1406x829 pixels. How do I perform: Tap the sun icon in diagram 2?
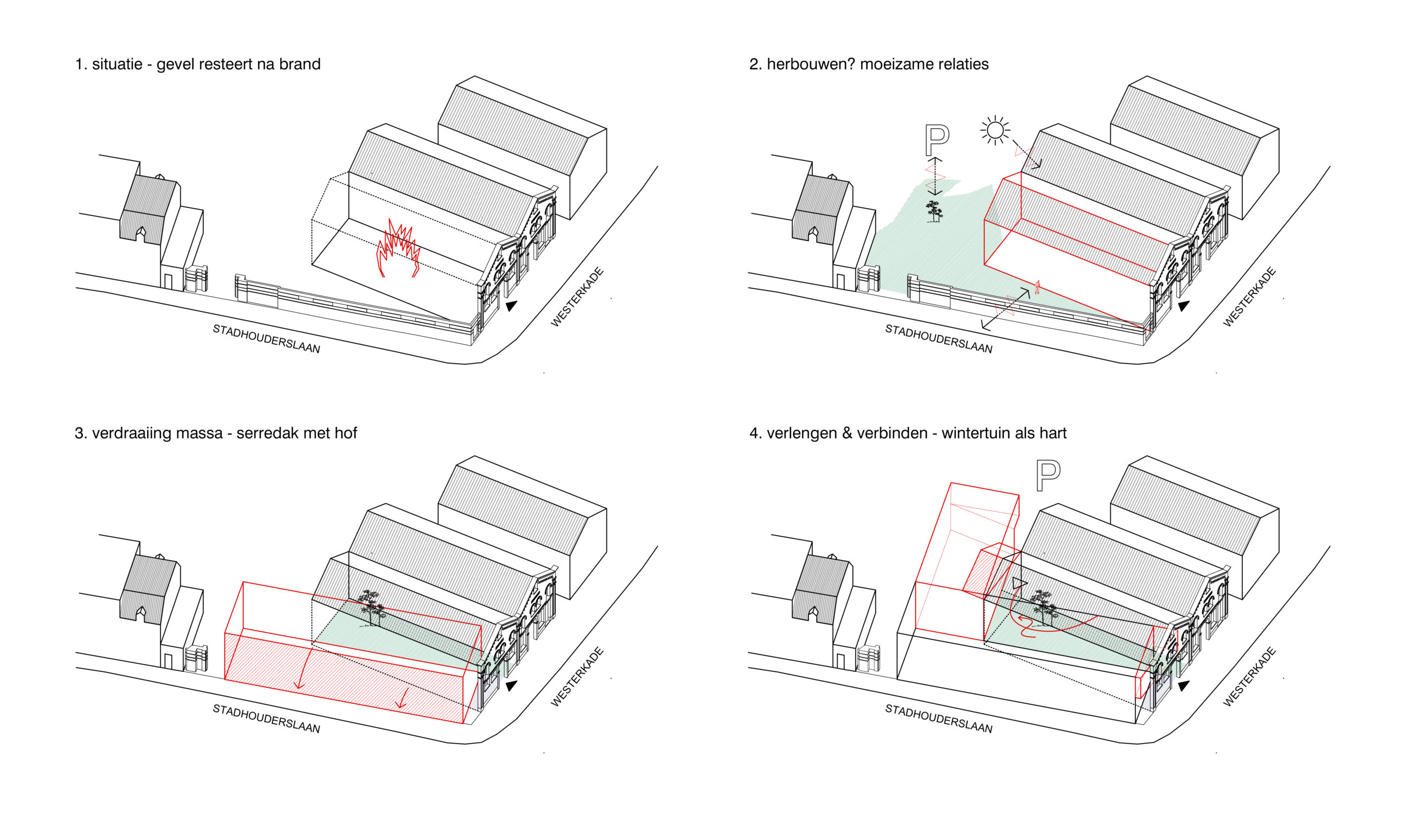pos(995,130)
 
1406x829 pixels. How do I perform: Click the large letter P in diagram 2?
pos(936,140)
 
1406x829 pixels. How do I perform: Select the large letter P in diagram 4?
pos(1047,476)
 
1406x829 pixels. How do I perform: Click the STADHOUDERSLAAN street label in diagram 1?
pos(266,339)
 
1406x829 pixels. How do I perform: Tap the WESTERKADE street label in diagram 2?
pos(1249,297)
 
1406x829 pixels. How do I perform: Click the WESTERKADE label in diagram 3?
pos(577,676)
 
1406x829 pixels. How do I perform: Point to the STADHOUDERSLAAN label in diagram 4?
pos(939,719)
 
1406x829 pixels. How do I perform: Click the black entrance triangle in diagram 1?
pos(511,305)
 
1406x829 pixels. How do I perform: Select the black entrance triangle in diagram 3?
pos(511,686)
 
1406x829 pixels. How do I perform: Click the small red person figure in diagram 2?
pos(1037,287)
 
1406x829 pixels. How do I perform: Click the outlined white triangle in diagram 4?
pos(1018,583)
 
